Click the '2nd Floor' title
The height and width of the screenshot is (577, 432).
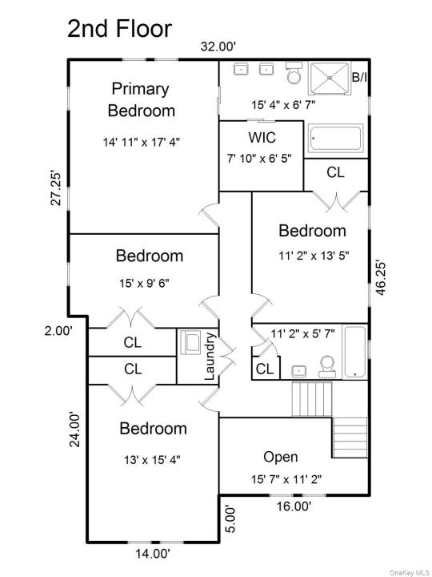point(120,29)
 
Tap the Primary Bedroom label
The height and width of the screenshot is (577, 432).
point(141,99)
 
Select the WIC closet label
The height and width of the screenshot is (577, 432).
point(262,138)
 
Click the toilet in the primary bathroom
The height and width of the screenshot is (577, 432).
point(294,73)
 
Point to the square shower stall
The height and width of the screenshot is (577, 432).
point(329,80)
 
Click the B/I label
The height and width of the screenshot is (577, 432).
point(360,77)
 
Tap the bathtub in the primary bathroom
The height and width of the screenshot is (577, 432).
point(335,138)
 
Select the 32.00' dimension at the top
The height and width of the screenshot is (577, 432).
point(218,46)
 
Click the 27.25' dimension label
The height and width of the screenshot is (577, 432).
point(56,188)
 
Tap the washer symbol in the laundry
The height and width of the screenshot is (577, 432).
point(189,342)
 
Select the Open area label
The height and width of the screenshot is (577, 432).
point(281,457)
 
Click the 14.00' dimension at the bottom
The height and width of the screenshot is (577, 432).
point(154,563)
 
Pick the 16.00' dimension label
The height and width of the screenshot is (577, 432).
point(294,506)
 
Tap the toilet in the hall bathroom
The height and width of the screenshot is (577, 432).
point(327,366)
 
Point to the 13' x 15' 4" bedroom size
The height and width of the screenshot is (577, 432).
point(152,460)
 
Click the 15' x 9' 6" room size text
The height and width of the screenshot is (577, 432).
point(144,283)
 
